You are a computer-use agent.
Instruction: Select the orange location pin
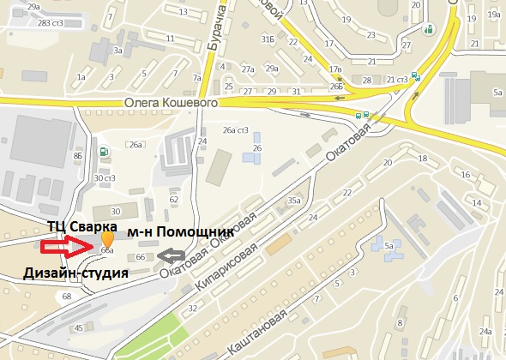(106, 239)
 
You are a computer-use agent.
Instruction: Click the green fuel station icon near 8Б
(105, 153)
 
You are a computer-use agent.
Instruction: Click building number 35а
(294, 201)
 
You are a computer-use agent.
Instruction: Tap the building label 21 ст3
(395, 80)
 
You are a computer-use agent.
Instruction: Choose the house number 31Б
(268, 39)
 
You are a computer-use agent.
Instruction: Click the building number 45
(78, 328)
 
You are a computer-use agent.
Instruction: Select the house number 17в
(334, 69)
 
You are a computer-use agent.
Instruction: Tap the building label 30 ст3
(104, 178)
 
